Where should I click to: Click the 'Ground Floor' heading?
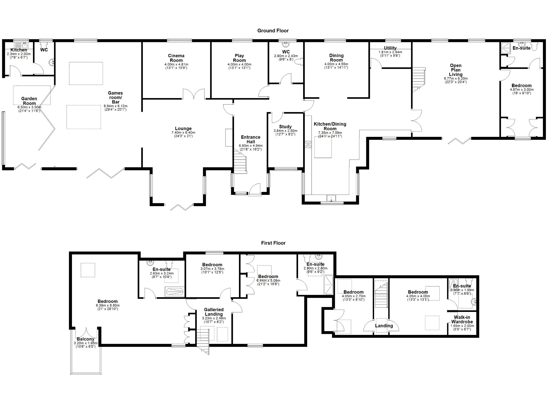coord(273,31)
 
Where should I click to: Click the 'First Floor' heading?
coord(273,243)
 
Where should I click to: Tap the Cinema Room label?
coord(176,58)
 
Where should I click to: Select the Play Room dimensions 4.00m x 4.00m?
coord(239,64)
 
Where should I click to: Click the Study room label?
coord(285,127)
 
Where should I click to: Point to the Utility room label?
coord(390,48)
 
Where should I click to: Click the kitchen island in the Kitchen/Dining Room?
coord(323,147)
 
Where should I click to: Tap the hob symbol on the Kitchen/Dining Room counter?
coord(308,144)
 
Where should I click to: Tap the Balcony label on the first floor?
coord(85,339)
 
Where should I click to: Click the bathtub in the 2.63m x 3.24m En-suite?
coord(175,292)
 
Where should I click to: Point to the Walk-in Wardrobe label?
coord(462,319)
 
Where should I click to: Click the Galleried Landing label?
coord(214,312)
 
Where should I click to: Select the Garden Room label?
coord(29,101)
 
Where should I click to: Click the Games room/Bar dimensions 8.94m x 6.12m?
coord(116,106)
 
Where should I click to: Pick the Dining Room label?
coord(336,58)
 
